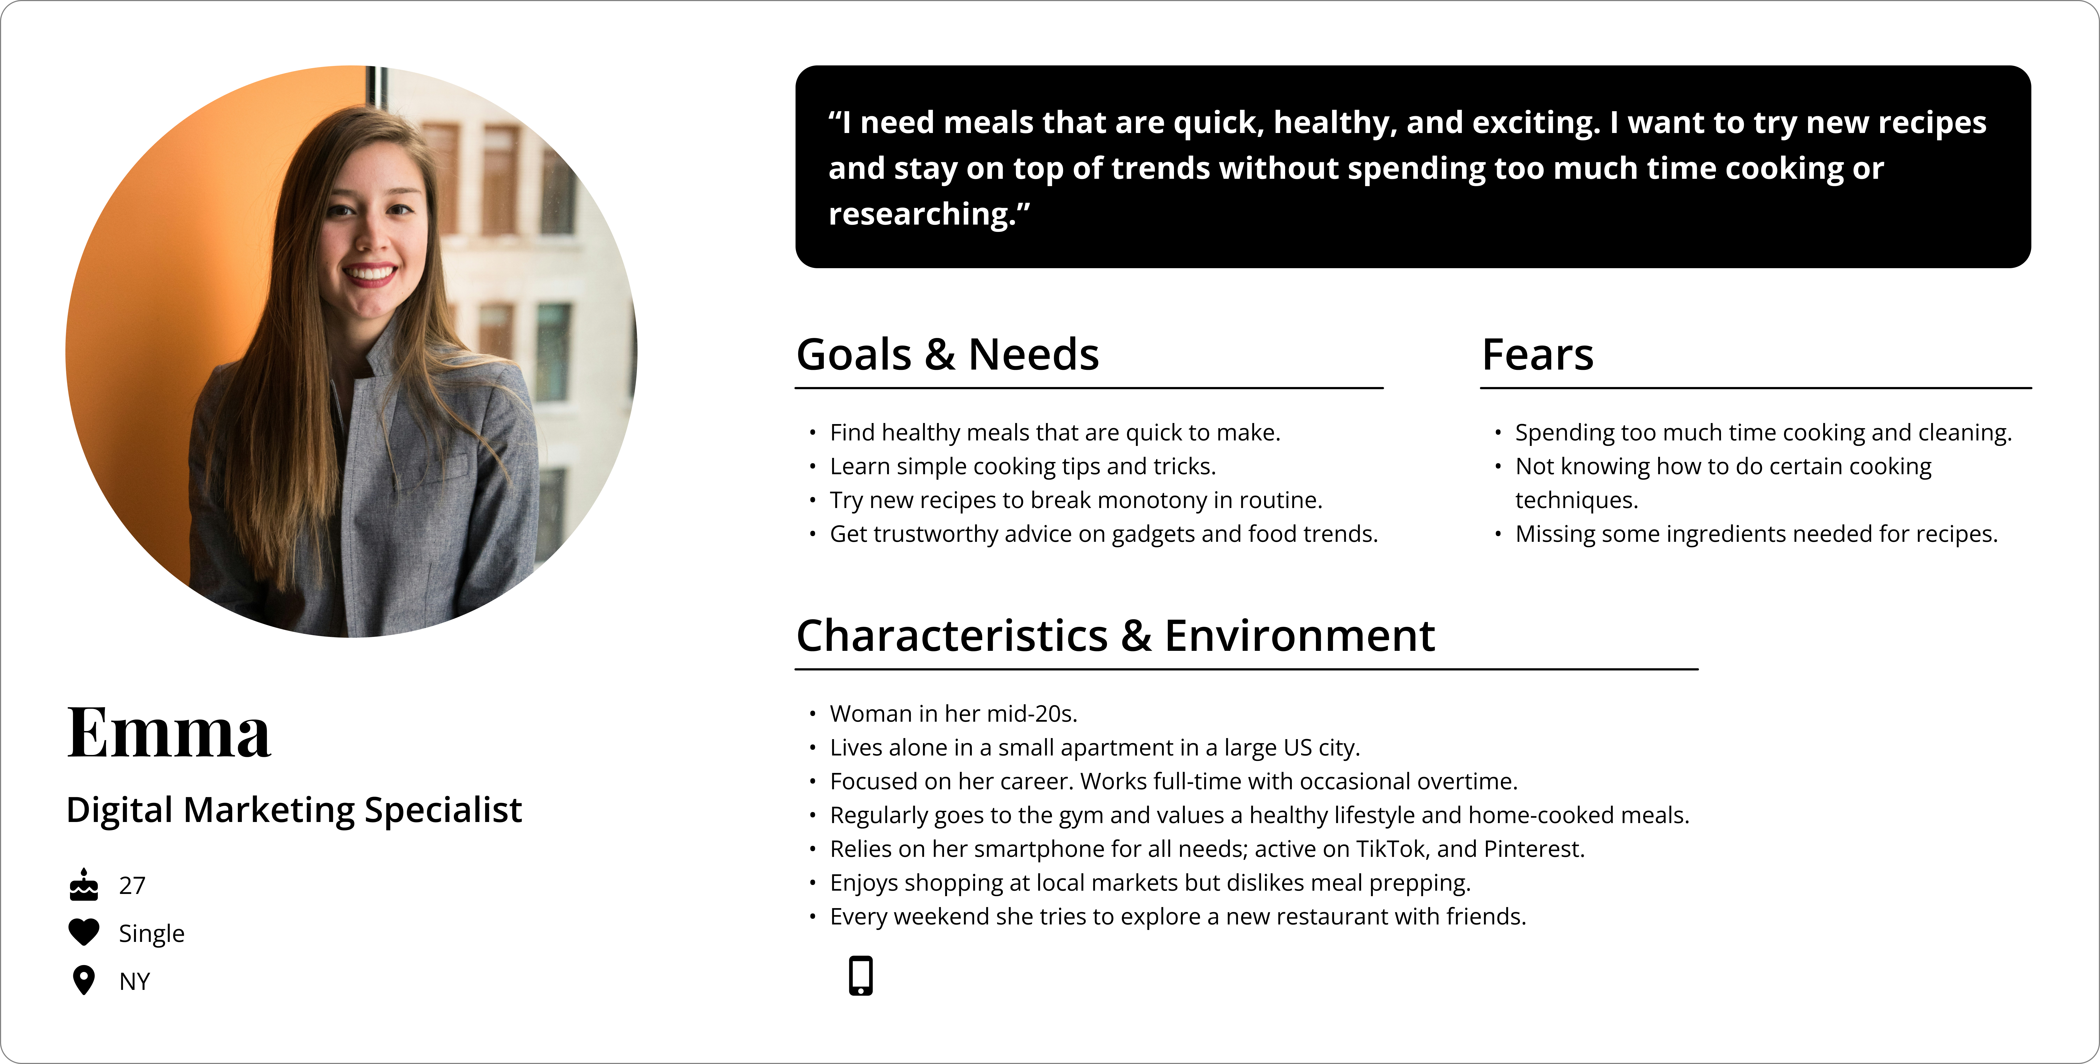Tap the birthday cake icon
[x=84, y=885]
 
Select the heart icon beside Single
[x=84, y=932]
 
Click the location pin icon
[x=84, y=980]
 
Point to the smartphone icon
[x=861, y=975]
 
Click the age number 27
[x=132, y=885]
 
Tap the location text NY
[x=135, y=982]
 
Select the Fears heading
[x=1537, y=355]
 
